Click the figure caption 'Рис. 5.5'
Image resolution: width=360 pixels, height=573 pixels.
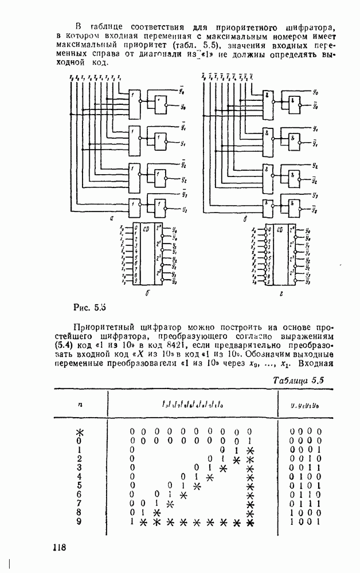(91, 304)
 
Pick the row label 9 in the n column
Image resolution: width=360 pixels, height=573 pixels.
(80, 523)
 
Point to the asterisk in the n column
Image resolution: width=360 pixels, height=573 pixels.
(80, 430)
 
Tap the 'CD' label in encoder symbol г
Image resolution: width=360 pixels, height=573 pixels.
(280, 229)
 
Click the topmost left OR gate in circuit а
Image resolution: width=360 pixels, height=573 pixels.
(134, 103)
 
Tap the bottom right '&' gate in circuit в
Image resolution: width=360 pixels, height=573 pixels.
(294, 207)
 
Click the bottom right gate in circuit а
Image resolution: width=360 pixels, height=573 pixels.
(160, 207)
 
